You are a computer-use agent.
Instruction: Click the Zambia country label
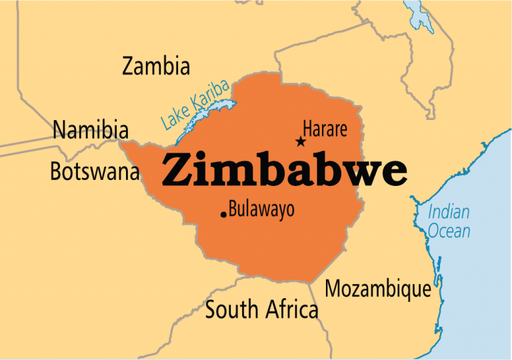156,66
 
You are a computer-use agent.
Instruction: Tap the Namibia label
91,129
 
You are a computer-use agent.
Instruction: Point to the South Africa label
261,309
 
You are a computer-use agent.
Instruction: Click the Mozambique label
377,289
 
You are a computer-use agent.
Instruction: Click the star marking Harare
301,141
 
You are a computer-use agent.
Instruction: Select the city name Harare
325,129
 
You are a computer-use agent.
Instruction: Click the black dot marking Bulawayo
223,214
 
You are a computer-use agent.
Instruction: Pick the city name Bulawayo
261,210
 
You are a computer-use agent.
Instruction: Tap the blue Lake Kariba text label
195,105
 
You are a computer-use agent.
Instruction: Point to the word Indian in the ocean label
448,213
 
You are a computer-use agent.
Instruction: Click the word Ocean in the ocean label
449,231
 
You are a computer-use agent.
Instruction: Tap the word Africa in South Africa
291,309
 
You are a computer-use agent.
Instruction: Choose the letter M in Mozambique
334,289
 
